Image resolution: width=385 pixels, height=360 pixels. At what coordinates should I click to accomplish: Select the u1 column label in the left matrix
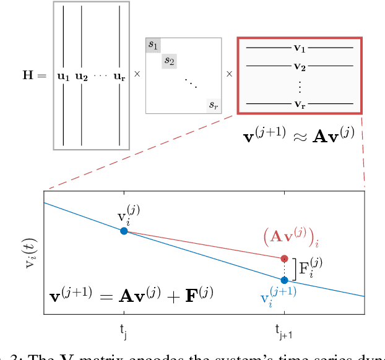click(x=64, y=77)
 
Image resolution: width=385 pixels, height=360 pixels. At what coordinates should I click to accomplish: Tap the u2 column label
click(x=82, y=77)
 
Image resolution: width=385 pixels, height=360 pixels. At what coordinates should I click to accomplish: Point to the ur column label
click(x=119, y=77)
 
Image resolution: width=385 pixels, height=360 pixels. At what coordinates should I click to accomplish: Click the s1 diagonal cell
click(x=153, y=45)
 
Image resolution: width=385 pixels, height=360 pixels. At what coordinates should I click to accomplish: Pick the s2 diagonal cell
click(x=169, y=61)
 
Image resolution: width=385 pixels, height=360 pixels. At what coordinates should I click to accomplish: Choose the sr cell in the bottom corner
click(x=213, y=106)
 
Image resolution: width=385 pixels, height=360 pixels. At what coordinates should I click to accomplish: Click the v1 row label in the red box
click(x=300, y=47)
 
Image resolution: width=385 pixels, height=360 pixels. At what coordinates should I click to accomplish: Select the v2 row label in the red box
click(x=300, y=66)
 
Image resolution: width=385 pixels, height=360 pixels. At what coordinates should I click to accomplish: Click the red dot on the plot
click(x=284, y=259)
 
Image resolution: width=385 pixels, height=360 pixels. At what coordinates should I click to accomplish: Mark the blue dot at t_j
click(x=124, y=231)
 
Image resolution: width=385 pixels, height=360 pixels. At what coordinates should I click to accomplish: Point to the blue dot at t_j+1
click(x=284, y=280)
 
